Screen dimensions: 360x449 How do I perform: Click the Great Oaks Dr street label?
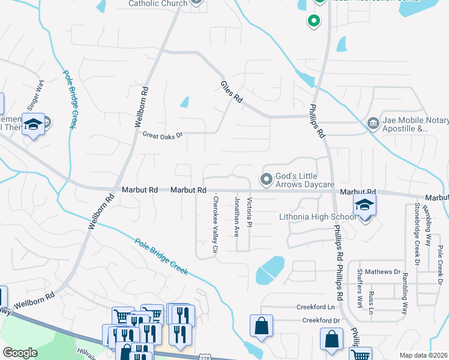(x=161, y=135)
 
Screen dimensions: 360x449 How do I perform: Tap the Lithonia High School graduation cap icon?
(x=364, y=205)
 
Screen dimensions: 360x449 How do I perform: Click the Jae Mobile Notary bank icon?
(x=373, y=123)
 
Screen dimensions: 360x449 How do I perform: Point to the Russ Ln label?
(x=371, y=303)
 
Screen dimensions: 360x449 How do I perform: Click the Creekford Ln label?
(x=315, y=307)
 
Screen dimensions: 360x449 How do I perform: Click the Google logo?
(x=19, y=353)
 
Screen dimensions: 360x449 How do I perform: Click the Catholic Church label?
(x=158, y=3)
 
